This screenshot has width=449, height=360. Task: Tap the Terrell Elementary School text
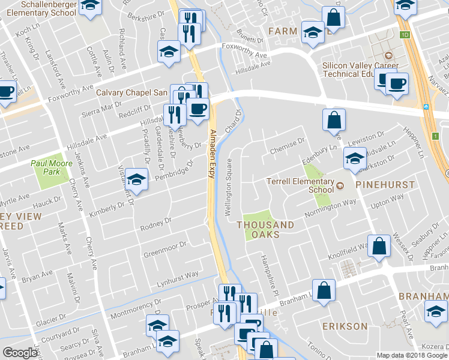tap(300, 185)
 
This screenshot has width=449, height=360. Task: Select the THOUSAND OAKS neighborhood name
tap(265, 230)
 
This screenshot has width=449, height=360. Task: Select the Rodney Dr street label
tap(156, 224)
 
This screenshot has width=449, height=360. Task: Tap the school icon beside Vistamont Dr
tap(137, 180)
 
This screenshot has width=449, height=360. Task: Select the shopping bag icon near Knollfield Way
tap(379, 246)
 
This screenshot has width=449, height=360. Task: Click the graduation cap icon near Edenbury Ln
tap(355, 159)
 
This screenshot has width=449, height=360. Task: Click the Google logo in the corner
tap(20, 353)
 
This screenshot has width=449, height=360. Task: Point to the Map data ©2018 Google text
tap(412, 355)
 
